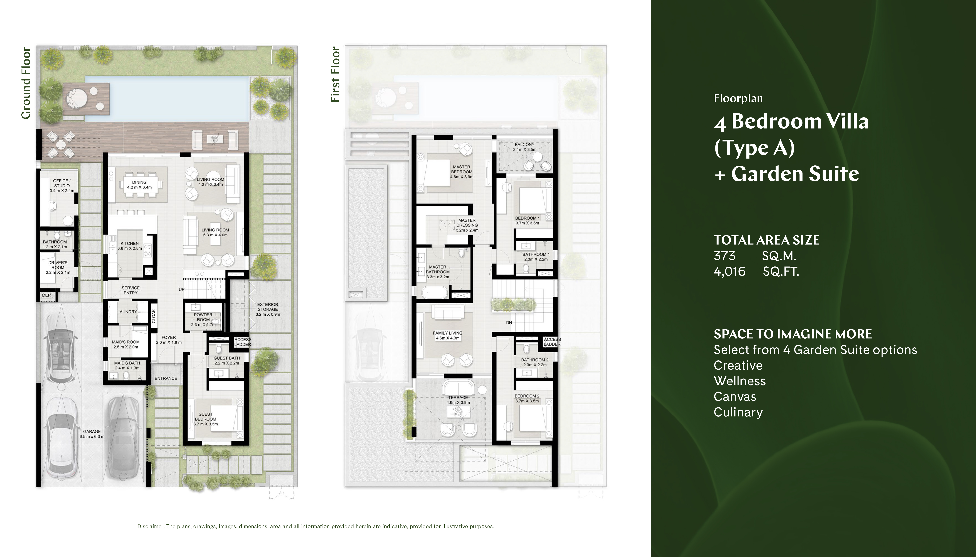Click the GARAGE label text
92,431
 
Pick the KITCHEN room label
130,243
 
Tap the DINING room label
139,183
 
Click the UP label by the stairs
182,289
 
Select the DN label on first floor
509,323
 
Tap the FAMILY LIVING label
448,333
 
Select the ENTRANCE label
166,378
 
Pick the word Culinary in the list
738,412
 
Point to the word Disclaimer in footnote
151,526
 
